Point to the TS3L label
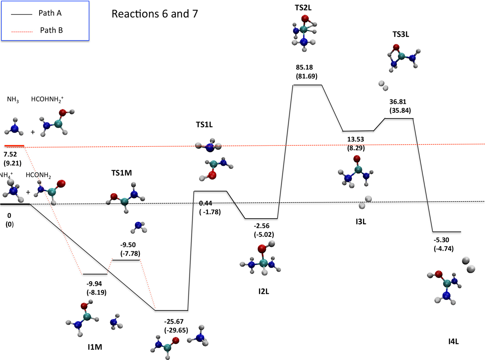(401, 35)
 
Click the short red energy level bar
(15, 145)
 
